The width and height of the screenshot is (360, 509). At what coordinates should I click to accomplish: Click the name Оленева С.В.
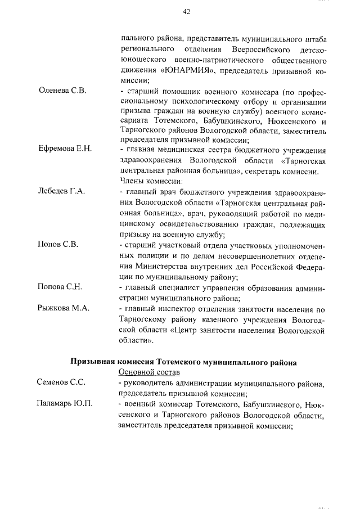pos(62,91)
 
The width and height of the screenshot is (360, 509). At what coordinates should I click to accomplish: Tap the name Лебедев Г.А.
pos(61,191)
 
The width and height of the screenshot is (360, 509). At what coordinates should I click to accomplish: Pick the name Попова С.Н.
pos(60,287)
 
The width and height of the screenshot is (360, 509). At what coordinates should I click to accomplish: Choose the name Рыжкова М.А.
pos(63,308)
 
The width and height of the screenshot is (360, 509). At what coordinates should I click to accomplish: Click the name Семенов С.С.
pos(61,382)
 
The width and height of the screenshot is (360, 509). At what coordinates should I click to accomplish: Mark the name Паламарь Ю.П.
pos(65,404)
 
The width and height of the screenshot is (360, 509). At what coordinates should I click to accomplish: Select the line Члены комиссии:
pos(148,181)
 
